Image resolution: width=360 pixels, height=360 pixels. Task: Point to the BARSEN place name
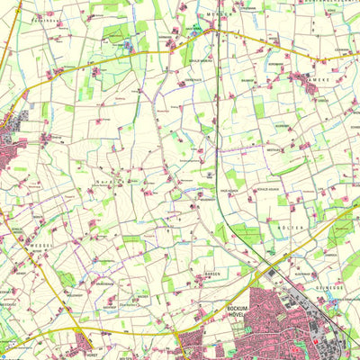coord(212,274)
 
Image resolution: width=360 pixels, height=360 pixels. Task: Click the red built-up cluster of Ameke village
coord(310,80)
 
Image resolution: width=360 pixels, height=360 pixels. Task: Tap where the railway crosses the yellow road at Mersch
coord(217,35)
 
